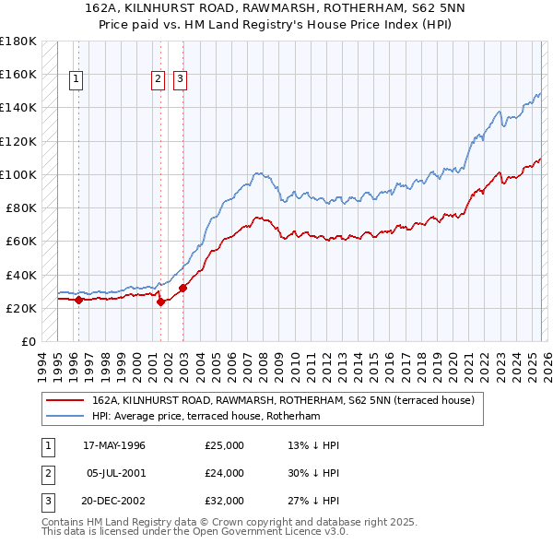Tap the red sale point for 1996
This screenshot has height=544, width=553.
click(x=78, y=300)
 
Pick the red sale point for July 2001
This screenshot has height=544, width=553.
click(x=160, y=302)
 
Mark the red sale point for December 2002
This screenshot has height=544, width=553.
click(x=182, y=288)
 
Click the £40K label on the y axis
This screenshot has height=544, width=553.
click(x=20, y=275)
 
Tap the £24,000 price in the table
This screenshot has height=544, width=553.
click(x=225, y=473)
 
